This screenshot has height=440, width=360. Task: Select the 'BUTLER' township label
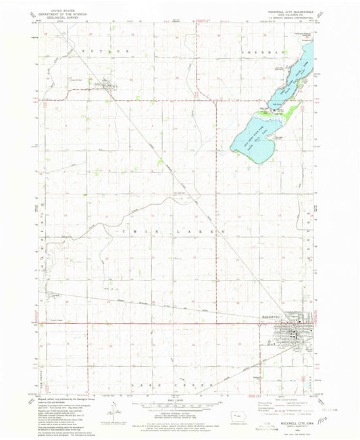[95, 51]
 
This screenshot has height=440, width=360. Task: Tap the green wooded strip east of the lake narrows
[292, 108]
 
